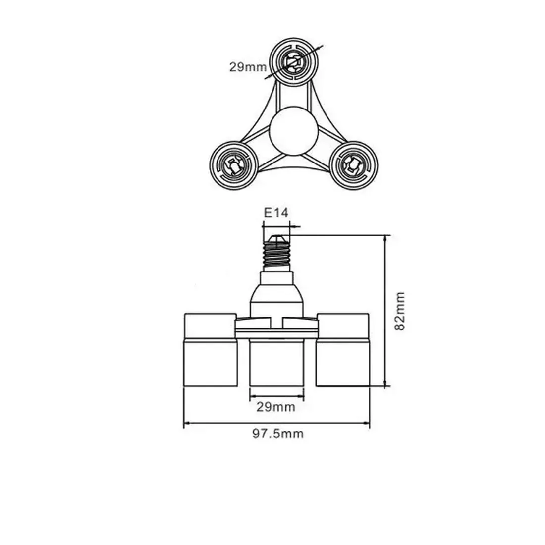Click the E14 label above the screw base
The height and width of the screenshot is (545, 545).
pos(276,213)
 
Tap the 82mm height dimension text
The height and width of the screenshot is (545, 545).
pos(400,311)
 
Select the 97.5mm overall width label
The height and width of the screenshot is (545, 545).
pos(278,434)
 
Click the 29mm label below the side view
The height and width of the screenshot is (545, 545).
pos(276,407)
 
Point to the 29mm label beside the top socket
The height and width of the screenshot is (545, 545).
pos(248,67)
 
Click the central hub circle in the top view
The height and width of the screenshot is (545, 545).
pos(294,130)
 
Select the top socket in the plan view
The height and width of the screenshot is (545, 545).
pos(294,62)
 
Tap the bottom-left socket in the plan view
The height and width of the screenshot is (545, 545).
pos(233,165)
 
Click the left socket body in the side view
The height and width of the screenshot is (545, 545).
pos(210,363)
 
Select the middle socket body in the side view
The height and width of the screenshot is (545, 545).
pos(276,363)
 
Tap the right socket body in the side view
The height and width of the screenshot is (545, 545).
pos(343,363)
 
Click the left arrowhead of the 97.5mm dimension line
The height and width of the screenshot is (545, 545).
pos(187,423)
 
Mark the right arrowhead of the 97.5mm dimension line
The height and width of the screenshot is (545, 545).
pos(366,423)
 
